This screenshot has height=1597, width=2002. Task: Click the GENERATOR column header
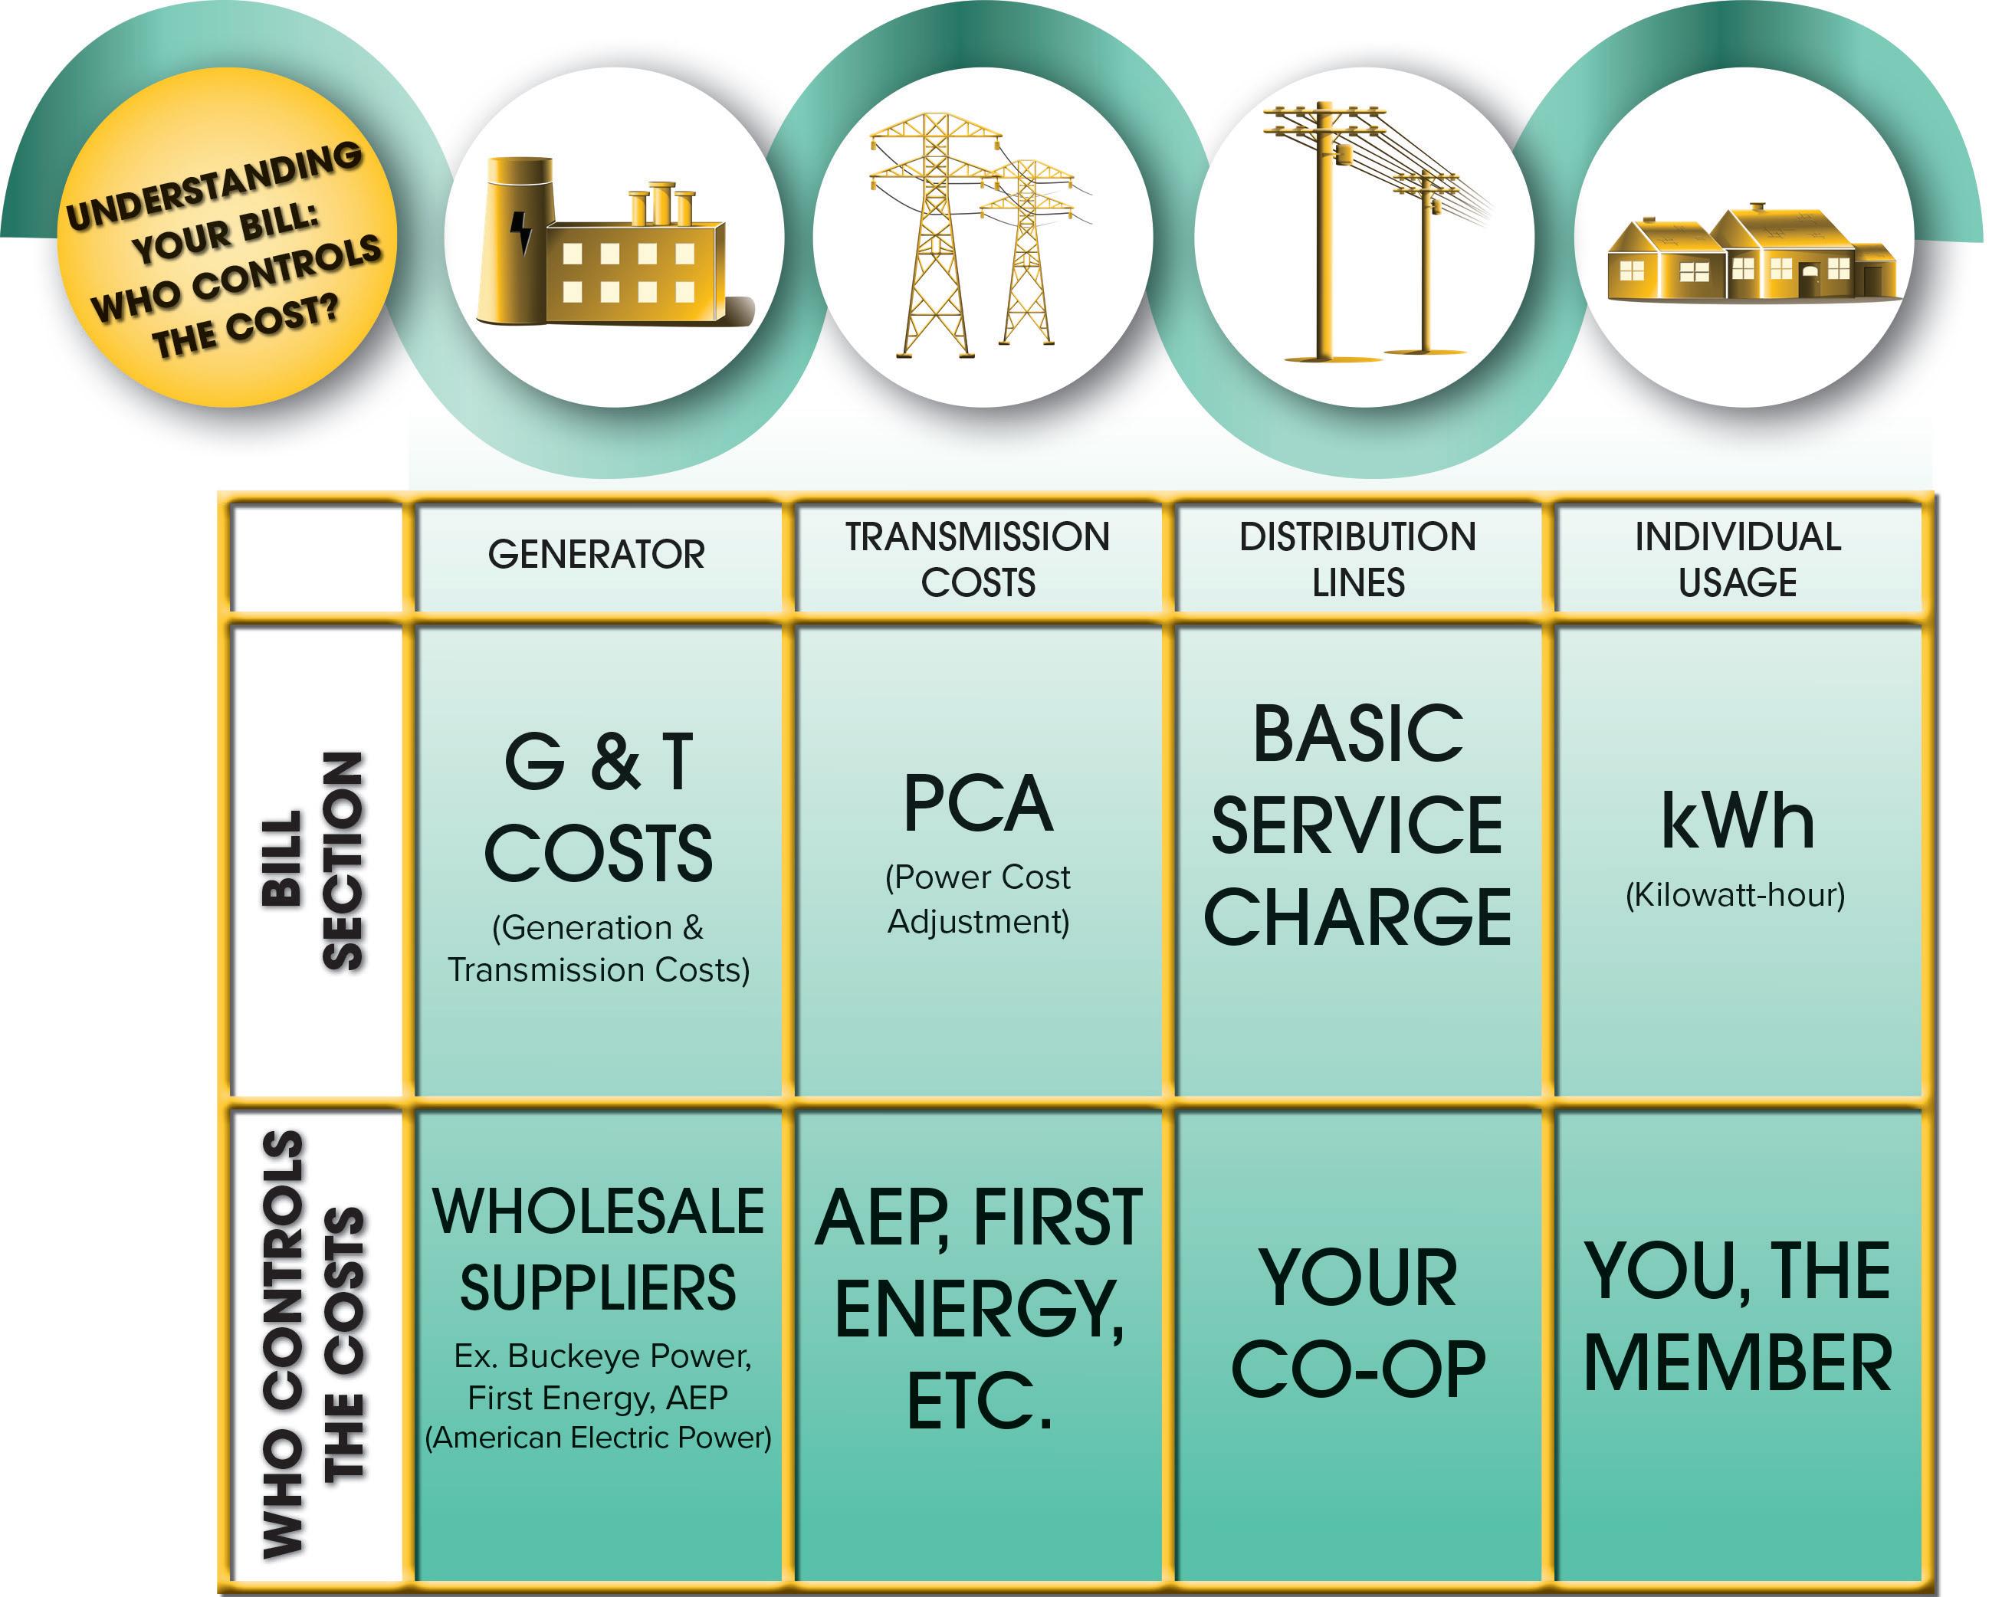point(596,556)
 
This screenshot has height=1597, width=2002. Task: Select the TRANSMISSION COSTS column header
point(977,559)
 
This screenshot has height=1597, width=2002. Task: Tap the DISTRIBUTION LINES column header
point(1357,559)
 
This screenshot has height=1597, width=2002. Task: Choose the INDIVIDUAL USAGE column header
point(1738,559)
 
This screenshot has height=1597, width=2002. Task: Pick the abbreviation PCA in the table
point(978,804)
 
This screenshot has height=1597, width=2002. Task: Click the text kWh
point(1738,821)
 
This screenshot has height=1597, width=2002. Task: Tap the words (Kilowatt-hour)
point(1735,895)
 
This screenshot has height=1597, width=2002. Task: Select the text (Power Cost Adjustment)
point(978,899)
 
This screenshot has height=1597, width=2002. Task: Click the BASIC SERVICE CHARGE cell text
point(1357,825)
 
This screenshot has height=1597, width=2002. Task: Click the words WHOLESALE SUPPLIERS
point(598,1250)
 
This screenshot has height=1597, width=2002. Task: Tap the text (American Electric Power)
point(598,1438)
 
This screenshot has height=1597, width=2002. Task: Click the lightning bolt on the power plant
point(523,231)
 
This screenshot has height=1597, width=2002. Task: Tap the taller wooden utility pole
point(1326,232)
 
